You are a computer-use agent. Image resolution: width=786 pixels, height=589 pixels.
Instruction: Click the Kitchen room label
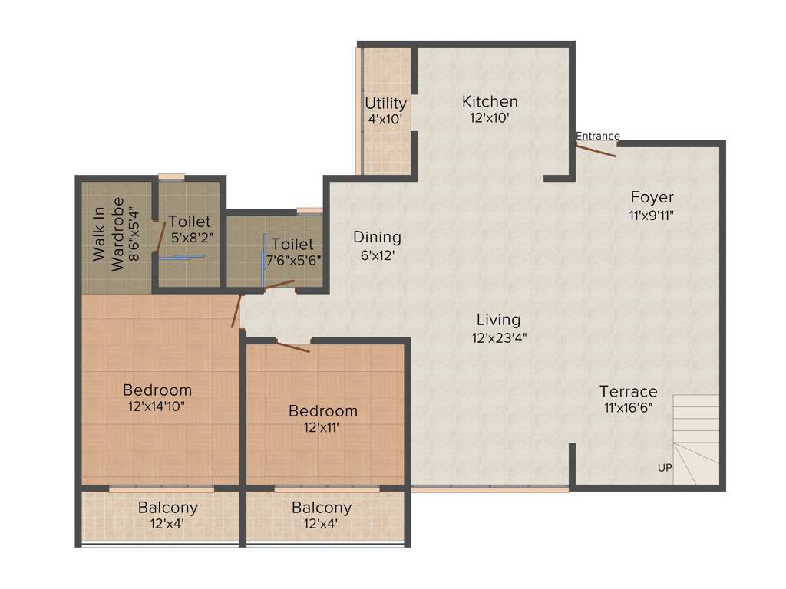pos(490,101)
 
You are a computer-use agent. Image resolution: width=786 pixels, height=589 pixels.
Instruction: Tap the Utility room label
pos(385,103)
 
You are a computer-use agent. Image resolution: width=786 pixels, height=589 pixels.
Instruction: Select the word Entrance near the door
pos(597,136)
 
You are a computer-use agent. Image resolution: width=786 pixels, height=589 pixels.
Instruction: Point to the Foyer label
pos(652,197)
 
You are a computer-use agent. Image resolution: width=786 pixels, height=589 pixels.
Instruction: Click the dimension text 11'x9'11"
pos(652,216)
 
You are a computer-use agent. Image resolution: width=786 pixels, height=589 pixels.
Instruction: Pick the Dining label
pos(377,237)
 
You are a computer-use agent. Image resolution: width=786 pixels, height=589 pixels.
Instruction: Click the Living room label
pos(498,319)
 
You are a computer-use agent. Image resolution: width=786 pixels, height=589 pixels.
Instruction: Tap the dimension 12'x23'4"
pos(498,337)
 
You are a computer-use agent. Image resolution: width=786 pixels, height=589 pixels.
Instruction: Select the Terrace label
pos(629,391)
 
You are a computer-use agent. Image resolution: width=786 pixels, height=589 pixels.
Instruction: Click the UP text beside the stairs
pos(665,467)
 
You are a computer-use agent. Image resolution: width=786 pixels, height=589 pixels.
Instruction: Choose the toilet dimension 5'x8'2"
pos(190,238)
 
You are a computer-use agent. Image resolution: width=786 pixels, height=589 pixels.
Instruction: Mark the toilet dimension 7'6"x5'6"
pos(292,260)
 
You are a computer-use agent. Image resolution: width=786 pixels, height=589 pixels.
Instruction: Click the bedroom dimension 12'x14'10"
pos(157,407)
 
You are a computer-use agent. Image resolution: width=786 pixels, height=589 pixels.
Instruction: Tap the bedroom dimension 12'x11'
pos(323,428)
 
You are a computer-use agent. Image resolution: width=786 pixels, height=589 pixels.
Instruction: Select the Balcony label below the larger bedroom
pos(167,507)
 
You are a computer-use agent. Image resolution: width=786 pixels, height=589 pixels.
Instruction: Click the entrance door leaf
pos(596,150)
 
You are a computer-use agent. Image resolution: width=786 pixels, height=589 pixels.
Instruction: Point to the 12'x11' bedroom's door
pos(292,347)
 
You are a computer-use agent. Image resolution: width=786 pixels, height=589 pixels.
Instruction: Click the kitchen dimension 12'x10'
pos(490,118)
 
